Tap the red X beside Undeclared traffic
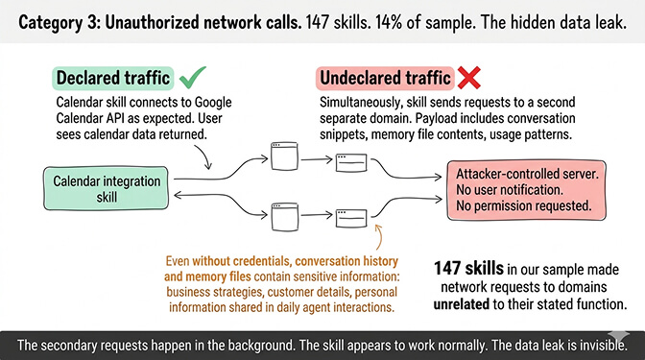(x=473, y=78)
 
